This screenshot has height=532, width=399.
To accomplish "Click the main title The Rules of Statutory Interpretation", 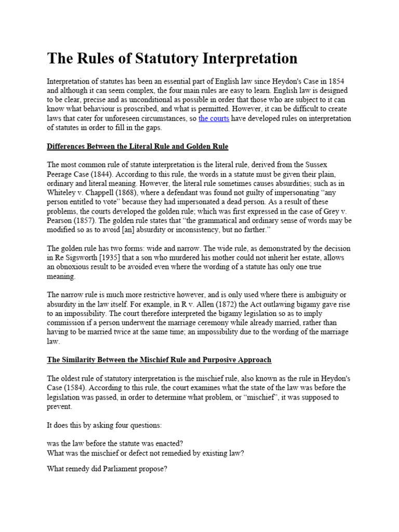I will point(172,58).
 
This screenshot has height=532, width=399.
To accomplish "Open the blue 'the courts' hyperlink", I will point(214,118).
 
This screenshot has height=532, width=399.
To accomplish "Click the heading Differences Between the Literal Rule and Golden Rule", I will point(138,147).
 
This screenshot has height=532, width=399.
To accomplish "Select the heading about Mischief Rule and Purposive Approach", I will point(159,360).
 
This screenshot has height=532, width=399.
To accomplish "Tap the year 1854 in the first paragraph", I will point(334,82).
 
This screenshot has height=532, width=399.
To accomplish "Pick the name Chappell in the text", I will point(99,192).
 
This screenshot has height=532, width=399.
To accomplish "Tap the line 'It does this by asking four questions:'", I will point(104,425).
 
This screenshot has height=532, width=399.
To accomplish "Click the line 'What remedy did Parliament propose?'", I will point(107,468).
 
